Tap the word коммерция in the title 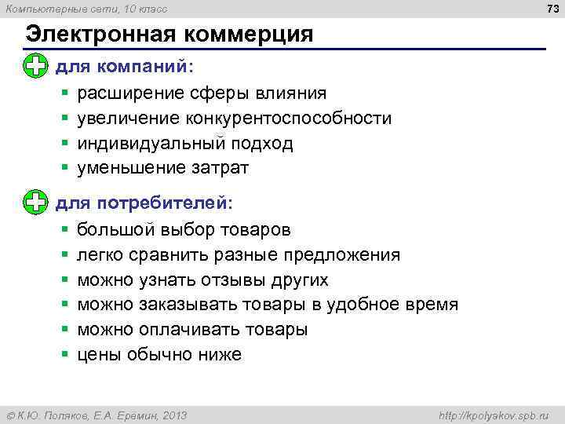pyautogui.click(x=248, y=35)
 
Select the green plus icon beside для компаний pyautogui.click(x=35, y=67)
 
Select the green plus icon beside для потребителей pyautogui.click(x=35, y=203)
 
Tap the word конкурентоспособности pyautogui.click(x=289, y=119)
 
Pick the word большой pyautogui.click(x=115, y=230)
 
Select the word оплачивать pyautogui.click(x=188, y=330)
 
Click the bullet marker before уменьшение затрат pyautogui.click(x=65, y=168)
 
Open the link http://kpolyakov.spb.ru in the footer pyautogui.click(x=494, y=415)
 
